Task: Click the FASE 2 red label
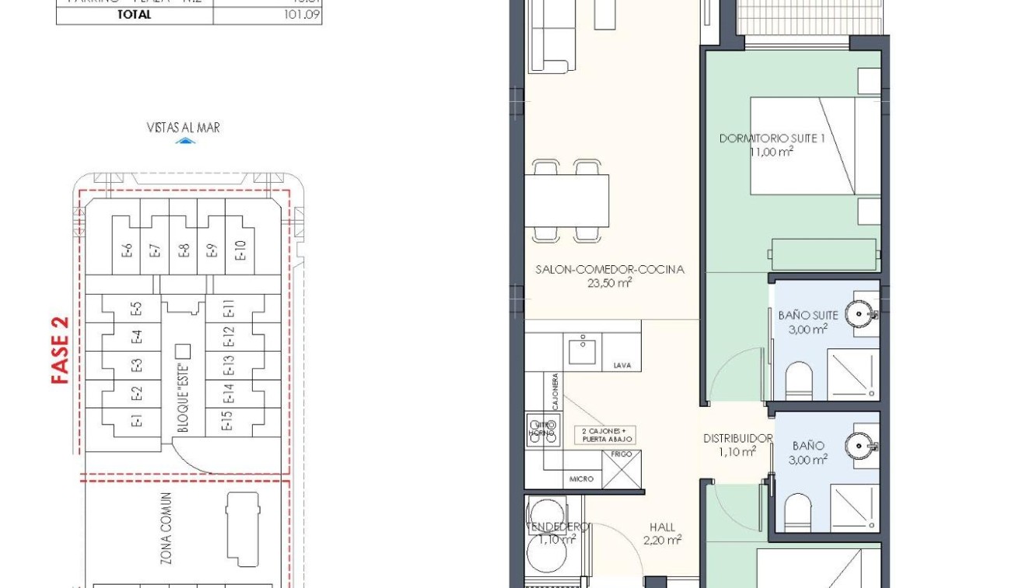[61, 350]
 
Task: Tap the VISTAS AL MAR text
[183, 128]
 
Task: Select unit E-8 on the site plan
[184, 250]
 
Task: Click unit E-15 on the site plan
[228, 421]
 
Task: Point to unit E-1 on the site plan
[137, 422]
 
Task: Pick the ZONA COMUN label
[166, 528]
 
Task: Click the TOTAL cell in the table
[134, 14]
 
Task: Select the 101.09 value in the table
[304, 14]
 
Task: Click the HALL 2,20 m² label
[663, 533]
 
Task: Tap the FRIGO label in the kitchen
[622, 453]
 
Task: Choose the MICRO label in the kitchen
[581, 479]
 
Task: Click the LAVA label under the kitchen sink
[621, 365]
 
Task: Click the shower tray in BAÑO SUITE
[853, 376]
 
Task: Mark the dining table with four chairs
[567, 200]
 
